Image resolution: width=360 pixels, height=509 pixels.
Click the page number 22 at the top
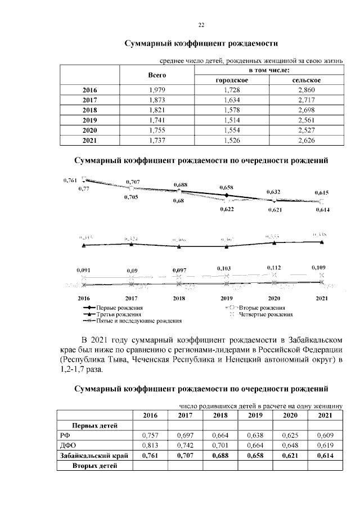click(201, 25)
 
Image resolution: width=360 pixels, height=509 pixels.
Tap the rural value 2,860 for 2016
click(307, 90)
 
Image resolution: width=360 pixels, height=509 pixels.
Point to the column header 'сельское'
click(307, 80)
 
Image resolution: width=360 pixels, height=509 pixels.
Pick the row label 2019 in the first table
click(89, 121)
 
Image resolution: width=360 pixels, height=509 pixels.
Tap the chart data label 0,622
click(227, 209)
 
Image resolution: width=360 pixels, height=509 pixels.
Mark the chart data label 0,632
click(274, 192)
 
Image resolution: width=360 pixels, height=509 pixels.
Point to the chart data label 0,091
click(84, 271)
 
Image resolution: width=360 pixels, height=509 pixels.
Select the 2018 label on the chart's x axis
click(179, 298)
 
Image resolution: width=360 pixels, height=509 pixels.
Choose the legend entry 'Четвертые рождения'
click(262, 314)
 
